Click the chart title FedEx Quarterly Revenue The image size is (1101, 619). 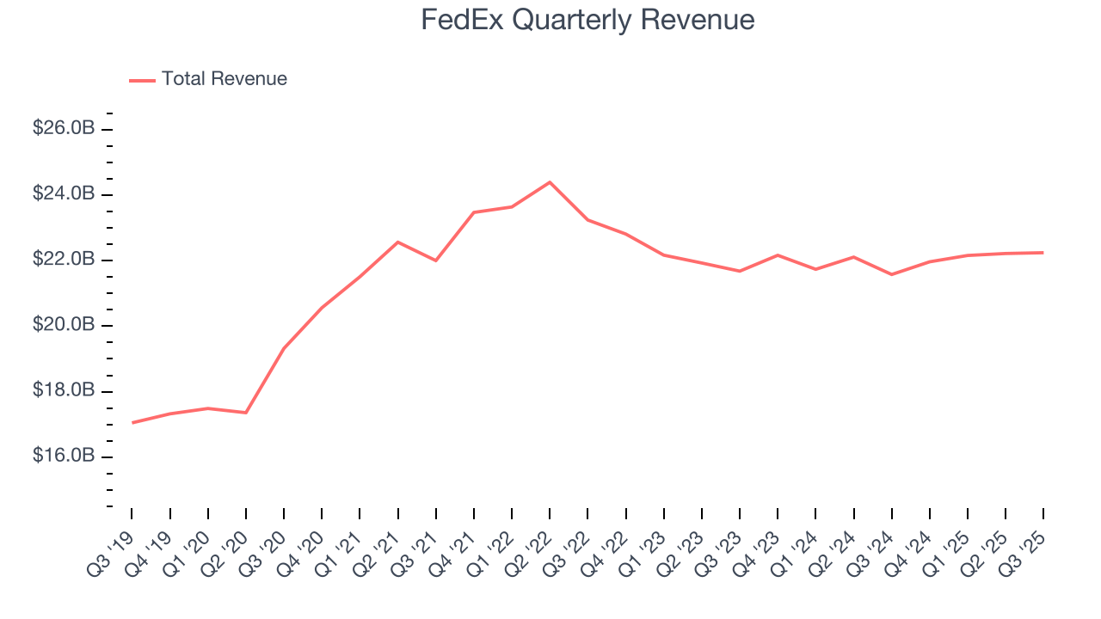(x=587, y=20)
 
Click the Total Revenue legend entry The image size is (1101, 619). (x=224, y=79)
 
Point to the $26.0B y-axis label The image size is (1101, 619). (x=64, y=128)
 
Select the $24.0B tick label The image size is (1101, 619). (x=64, y=193)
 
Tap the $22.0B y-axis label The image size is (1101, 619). (x=64, y=260)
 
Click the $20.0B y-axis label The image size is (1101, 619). (x=64, y=325)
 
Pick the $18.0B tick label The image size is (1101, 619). (x=64, y=390)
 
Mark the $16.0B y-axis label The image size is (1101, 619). (x=64, y=456)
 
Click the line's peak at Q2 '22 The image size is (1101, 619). (x=550, y=182)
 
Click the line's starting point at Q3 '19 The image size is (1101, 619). (x=132, y=422)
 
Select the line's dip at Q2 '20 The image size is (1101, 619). (x=246, y=413)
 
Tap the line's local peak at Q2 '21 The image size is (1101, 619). (x=397, y=242)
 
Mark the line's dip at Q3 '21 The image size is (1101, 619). (x=435, y=260)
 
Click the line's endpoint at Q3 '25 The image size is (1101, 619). (x=1043, y=253)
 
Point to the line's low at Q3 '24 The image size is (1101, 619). (x=891, y=274)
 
